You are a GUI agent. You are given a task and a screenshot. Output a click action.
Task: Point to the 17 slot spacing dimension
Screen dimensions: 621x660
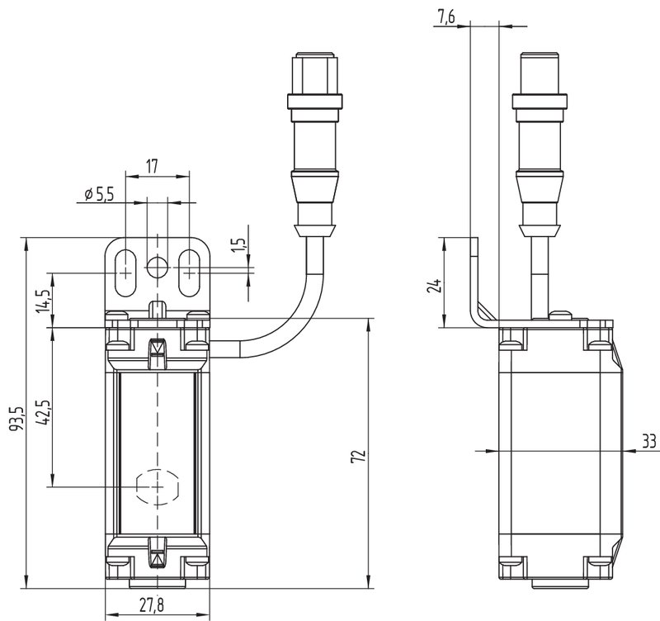153,165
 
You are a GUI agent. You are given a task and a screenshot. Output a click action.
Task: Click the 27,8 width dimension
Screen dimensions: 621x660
150,605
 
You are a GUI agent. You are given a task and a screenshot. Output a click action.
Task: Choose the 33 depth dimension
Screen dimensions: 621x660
649,442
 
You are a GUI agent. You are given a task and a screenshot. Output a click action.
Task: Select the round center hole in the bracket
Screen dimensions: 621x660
156,267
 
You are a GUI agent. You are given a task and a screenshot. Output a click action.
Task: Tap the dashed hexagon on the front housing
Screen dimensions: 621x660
156,486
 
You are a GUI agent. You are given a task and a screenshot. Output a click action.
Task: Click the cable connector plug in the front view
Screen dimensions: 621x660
313,140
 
